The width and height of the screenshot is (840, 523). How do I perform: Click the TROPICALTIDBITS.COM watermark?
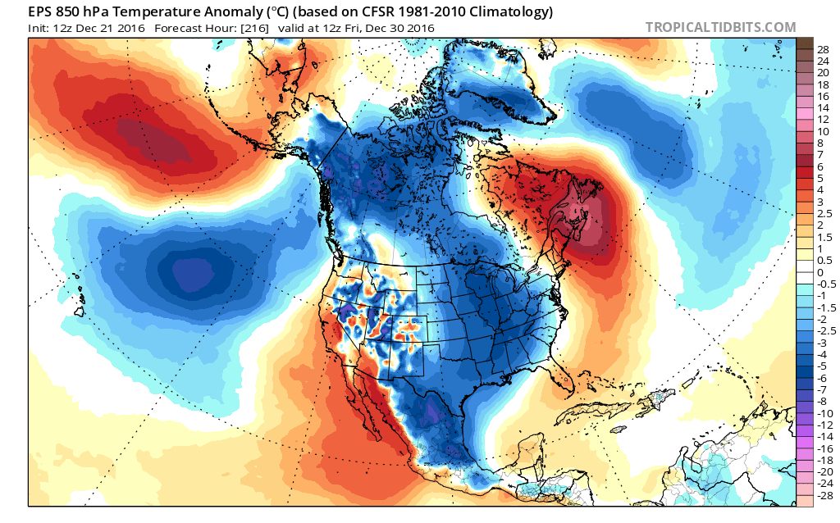pos(720,27)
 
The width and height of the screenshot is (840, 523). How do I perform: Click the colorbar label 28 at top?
pos(823,50)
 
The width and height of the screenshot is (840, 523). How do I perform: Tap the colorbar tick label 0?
pos(820,272)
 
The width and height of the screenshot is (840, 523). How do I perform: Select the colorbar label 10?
pos(823,131)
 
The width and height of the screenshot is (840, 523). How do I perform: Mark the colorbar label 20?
pos(823,73)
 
